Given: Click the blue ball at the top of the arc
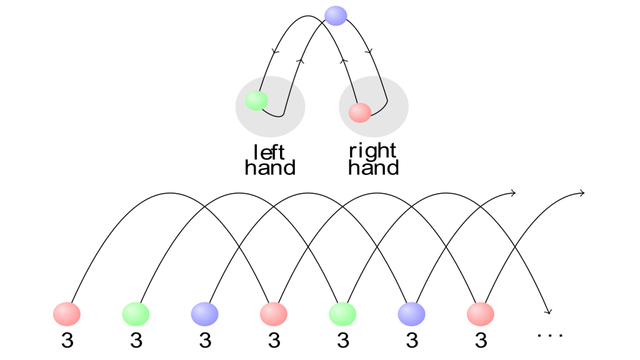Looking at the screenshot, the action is click(336, 16).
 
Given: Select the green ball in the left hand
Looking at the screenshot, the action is click(256, 101).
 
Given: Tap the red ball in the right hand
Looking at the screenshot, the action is click(359, 112).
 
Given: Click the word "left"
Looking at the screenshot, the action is click(269, 152).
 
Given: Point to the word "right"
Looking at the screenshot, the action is click(372, 151).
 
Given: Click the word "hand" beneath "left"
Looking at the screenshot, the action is click(270, 167).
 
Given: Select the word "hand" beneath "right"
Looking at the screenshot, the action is click(373, 167).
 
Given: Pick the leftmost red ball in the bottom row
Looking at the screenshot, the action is click(66, 314).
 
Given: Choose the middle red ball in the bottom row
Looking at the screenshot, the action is click(274, 314).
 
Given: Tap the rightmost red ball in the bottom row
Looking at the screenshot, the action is click(481, 314).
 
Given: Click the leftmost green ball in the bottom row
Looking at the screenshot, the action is click(136, 314).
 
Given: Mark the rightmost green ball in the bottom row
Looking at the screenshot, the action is click(342, 314).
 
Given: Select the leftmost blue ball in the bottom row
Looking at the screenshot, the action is click(204, 314).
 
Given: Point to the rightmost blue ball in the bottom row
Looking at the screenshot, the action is click(411, 314).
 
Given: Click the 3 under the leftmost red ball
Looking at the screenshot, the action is click(67, 341).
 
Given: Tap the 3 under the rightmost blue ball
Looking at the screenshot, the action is click(412, 341).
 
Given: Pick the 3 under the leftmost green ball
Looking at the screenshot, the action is click(136, 341).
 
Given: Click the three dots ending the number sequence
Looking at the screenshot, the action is click(550, 336).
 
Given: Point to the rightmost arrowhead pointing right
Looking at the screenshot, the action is click(582, 193).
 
